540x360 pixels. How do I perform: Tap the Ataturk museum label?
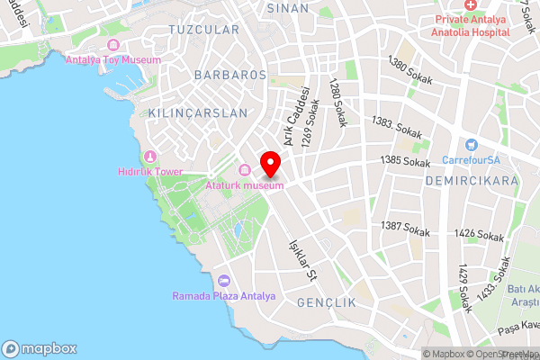(x=246, y=185)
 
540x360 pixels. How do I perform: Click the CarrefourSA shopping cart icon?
(x=471, y=146)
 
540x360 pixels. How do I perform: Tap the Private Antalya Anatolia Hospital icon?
(x=471, y=5)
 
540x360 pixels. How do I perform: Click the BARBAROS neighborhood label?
(x=229, y=76)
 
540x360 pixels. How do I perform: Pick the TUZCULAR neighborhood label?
(x=203, y=30)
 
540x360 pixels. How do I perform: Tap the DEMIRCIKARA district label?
(x=470, y=181)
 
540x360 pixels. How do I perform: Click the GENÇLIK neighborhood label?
(x=327, y=302)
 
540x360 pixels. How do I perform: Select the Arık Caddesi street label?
(x=297, y=117)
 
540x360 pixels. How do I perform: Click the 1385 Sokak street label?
(x=406, y=162)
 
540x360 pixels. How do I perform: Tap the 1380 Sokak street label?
(x=409, y=73)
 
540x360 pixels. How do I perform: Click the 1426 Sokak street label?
(x=479, y=235)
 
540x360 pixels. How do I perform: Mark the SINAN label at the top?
(x=287, y=7)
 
